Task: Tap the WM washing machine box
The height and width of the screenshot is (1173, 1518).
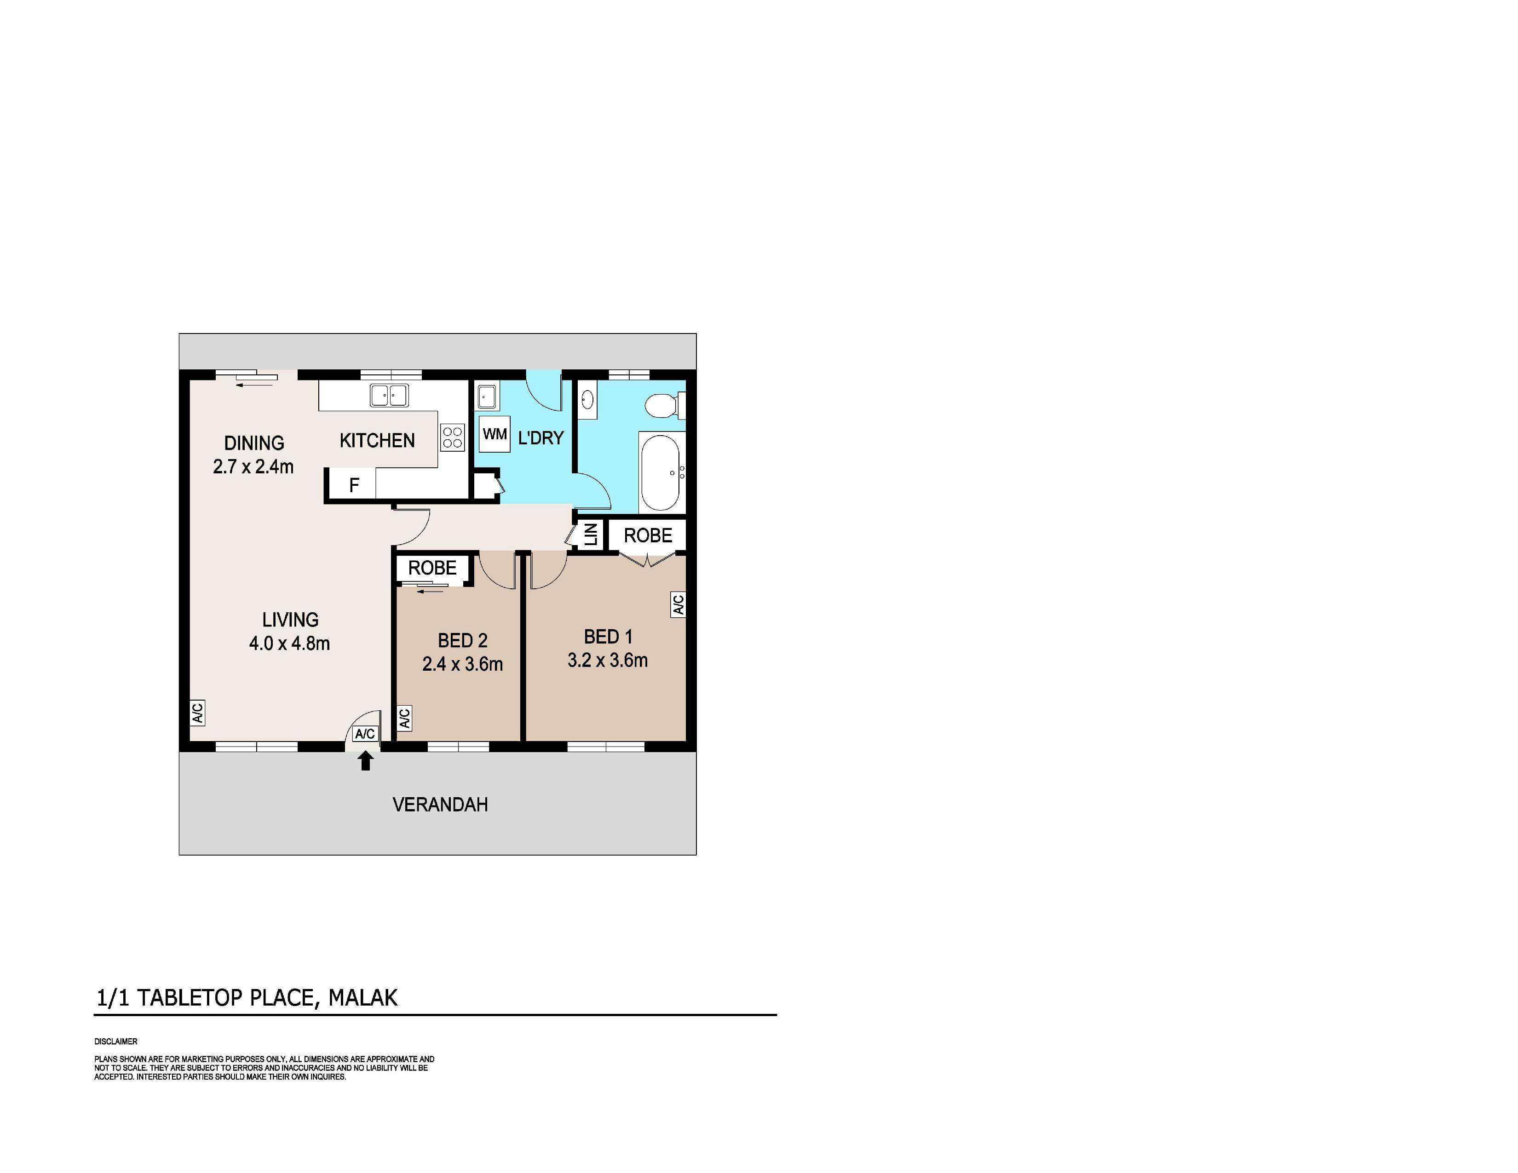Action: point(495,434)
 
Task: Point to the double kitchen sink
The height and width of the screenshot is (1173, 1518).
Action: point(389,396)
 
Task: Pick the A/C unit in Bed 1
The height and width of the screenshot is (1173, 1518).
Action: point(678,604)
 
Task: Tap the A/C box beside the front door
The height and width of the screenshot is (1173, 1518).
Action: point(365,734)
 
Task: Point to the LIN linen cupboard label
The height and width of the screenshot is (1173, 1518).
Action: point(591,535)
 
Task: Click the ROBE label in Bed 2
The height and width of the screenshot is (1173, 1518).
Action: point(432,568)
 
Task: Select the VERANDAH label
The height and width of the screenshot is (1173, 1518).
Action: point(440,805)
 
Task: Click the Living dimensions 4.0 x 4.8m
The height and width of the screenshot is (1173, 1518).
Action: point(289,644)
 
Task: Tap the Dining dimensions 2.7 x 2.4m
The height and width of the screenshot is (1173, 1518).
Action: point(253,467)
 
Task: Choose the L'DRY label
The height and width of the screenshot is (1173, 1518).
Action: point(541,438)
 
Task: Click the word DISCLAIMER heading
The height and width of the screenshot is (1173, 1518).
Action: point(116,1041)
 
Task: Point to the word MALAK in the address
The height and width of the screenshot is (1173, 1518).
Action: point(363,998)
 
